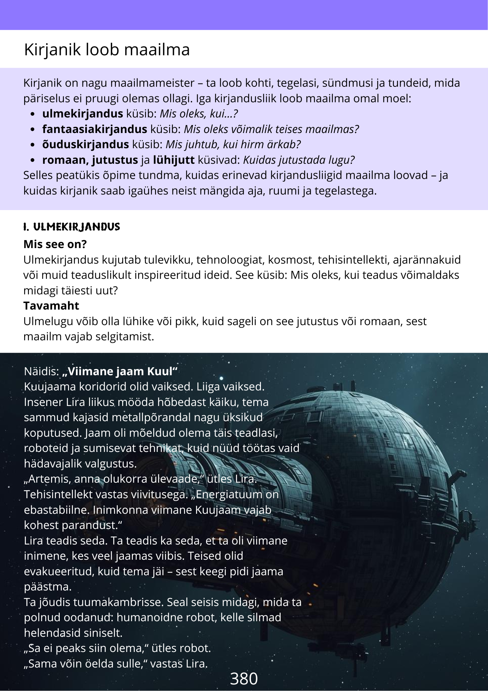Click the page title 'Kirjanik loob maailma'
[107, 49]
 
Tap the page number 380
[244, 679]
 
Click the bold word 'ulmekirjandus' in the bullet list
[82, 114]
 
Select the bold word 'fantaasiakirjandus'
[95, 129]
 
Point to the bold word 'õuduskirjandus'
[85, 144]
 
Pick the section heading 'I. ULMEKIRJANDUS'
[72, 227]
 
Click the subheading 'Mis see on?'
[55, 244]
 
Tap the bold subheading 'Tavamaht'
[51, 306]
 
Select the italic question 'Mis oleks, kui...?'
[198, 114]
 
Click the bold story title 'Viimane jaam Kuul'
[120, 371]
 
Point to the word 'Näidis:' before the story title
[41, 371]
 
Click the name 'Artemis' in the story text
[50, 479]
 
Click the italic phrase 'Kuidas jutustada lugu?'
[299, 160]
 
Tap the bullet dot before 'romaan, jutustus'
[32, 160]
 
